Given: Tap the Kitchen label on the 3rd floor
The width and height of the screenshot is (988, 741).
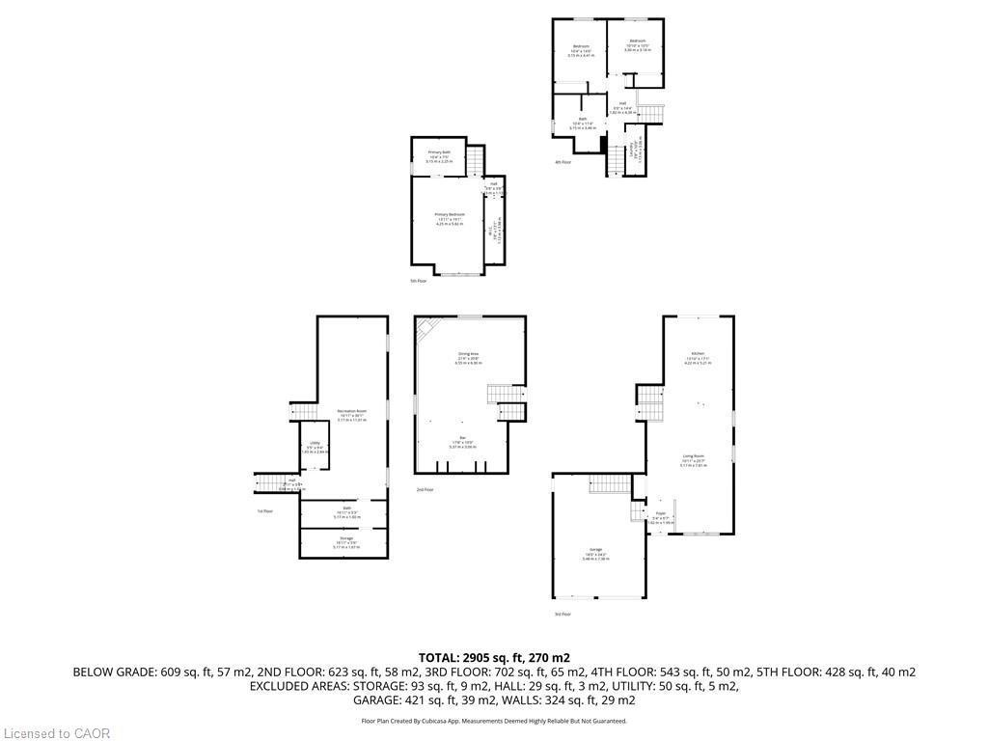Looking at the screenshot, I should point(698,353).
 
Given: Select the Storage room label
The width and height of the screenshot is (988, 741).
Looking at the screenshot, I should point(345,537).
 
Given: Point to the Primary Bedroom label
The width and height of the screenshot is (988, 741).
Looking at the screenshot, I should point(450,214).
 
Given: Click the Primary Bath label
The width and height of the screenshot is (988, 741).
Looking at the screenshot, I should point(440,152).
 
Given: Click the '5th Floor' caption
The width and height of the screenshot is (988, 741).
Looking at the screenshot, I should point(418,281).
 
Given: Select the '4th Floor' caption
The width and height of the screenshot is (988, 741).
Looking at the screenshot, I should point(563,162).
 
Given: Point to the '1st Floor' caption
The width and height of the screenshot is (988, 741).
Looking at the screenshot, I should point(265,510).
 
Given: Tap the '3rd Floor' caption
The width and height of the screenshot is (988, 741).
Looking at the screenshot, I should point(563,614).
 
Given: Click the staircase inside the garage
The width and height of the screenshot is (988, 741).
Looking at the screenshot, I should point(608,483).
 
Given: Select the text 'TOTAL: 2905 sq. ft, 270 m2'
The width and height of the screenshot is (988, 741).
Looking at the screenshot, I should point(494,657).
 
